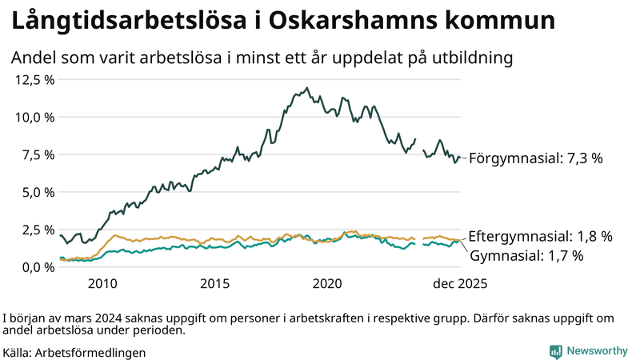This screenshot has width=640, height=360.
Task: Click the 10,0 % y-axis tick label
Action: click(x=34, y=117)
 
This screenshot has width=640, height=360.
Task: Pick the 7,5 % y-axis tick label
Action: click(x=38, y=154)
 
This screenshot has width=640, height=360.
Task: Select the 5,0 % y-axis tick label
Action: click(x=38, y=192)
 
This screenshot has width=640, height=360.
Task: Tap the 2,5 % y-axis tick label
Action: click(x=38, y=230)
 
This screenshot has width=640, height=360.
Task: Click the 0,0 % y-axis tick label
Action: click(x=38, y=267)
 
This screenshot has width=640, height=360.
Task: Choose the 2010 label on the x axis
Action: click(x=102, y=283)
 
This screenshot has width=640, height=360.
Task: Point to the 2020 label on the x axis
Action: click(x=328, y=283)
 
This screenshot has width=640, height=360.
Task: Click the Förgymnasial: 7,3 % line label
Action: click(x=535, y=158)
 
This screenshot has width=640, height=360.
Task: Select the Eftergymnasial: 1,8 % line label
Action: click(x=540, y=236)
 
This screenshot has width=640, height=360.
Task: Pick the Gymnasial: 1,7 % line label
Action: click(x=526, y=256)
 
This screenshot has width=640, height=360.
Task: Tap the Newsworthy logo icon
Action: click(x=555, y=351)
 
